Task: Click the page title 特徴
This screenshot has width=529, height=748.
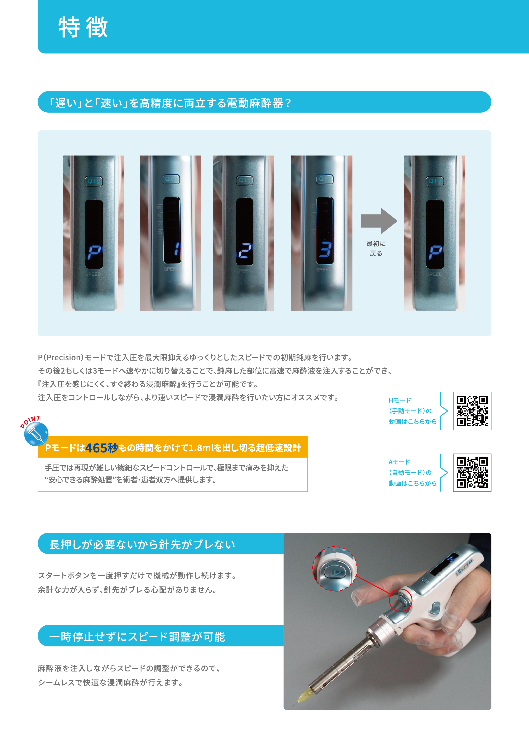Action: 83,27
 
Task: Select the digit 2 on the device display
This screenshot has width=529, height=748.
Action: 245,251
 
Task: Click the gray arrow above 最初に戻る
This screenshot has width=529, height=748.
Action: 379,221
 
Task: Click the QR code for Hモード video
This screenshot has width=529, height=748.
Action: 472,411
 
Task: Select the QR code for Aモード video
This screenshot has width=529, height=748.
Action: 472,472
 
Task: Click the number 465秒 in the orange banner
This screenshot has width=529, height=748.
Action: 101,448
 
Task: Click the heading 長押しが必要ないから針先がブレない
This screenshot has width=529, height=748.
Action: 142,544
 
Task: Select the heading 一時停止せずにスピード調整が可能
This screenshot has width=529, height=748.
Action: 137,636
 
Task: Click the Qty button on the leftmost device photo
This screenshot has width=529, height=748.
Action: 94,181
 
